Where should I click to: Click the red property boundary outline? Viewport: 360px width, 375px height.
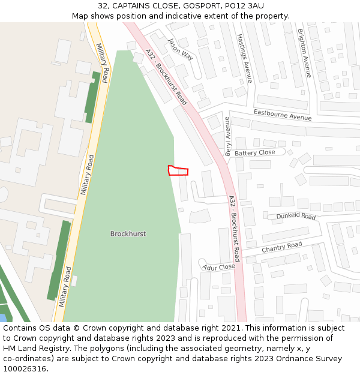tap(178, 170)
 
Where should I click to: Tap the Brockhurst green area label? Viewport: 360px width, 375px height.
tap(128, 233)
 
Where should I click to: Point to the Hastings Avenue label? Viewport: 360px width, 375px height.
tap(244, 58)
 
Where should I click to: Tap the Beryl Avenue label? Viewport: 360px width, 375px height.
tap(228, 136)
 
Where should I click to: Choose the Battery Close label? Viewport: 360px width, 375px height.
tap(254, 153)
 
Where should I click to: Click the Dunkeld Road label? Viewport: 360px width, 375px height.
tap(295, 216)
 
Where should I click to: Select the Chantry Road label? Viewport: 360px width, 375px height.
tap(281, 247)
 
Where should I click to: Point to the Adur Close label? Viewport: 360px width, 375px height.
tap(218, 267)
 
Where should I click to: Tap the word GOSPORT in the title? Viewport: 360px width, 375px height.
tap(202, 6)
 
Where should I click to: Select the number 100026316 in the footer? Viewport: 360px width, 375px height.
tap(25, 368)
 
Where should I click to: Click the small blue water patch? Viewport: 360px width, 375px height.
tap(3, 317)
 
